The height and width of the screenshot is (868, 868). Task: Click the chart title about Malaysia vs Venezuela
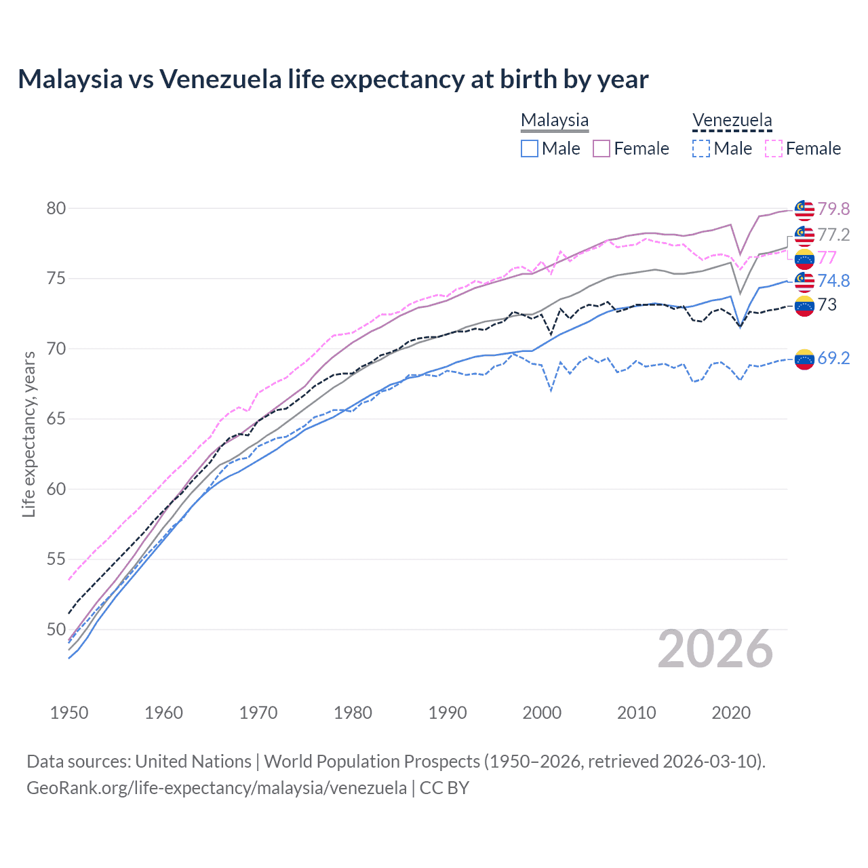(x=333, y=79)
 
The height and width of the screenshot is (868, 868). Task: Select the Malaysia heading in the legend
(x=554, y=120)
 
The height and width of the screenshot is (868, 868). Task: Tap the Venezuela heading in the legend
(x=732, y=120)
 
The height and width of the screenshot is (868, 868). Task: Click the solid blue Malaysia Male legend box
(x=530, y=149)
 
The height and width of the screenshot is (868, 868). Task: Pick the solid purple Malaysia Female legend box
(x=601, y=149)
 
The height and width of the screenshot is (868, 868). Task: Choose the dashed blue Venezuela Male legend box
(x=701, y=149)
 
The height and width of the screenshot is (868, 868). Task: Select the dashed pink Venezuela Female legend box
(x=773, y=149)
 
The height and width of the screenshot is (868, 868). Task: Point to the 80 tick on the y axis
(x=56, y=208)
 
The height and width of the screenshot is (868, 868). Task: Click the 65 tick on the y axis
(x=56, y=419)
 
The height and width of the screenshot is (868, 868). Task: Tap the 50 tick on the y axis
(x=56, y=629)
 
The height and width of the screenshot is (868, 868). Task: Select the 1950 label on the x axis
(x=69, y=713)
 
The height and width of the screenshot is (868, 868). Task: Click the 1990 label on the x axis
(x=448, y=713)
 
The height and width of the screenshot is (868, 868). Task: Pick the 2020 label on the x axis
(x=731, y=713)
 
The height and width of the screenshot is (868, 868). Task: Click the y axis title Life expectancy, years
(x=28, y=434)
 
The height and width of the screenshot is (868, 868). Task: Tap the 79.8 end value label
(x=833, y=209)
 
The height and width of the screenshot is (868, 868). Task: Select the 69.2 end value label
(x=833, y=358)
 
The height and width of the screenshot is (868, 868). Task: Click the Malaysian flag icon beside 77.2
(x=804, y=235)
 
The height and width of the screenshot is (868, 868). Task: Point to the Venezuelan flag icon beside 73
(x=804, y=306)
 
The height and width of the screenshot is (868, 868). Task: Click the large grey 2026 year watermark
(x=715, y=649)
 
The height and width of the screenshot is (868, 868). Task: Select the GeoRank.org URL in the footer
(x=216, y=788)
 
